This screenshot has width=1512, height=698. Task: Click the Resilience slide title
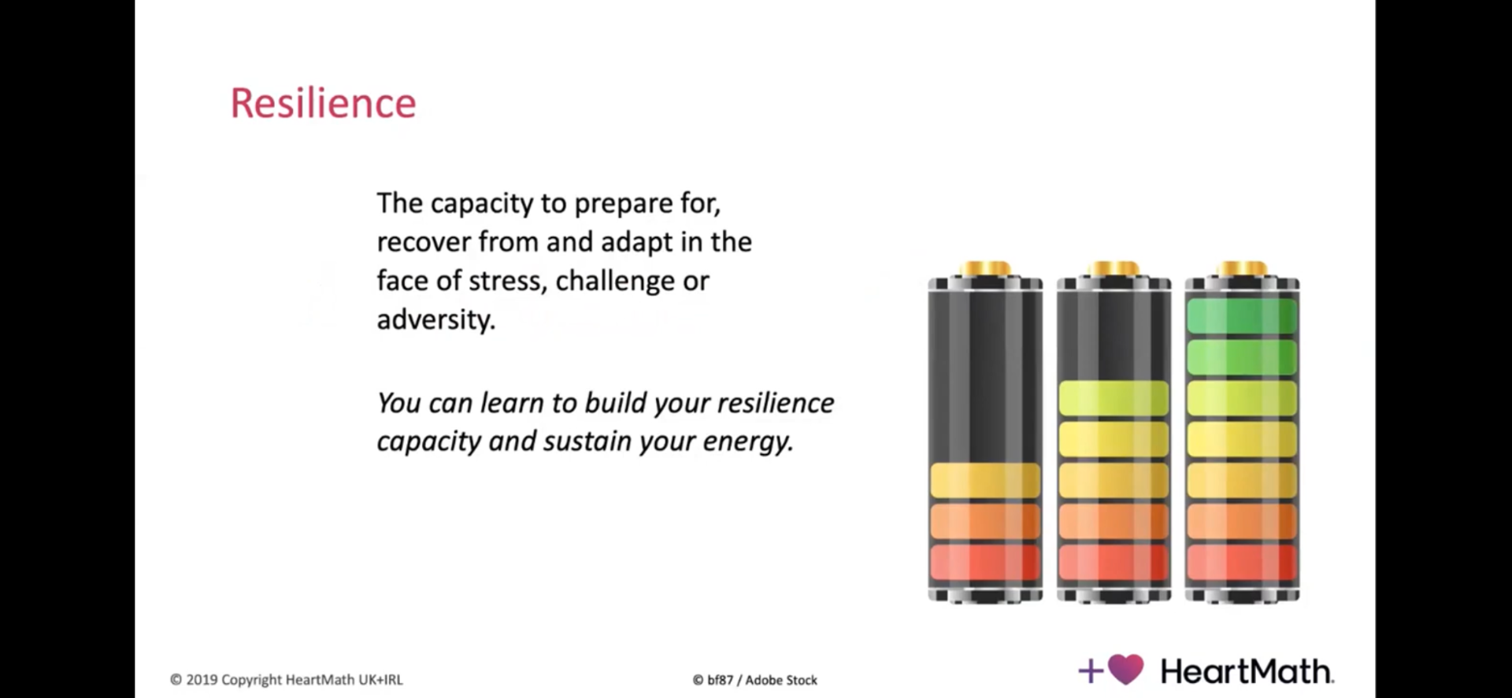pyautogui.click(x=323, y=103)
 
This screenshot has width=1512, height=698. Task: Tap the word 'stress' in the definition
pyautogui.click(x=506, y=281)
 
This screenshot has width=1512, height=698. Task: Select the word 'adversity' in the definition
pyautogui.click(x=436, y=319)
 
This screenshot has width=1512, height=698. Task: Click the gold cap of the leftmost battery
pyautogui.click(x=984, y=269)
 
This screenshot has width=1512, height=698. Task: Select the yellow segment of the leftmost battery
pyautogui.click(x=985, y=480)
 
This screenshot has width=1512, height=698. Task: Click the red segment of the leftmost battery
pyautogui.click(x=985, y=562)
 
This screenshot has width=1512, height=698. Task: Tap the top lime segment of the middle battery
pyautogui.click(x=1114, y=398)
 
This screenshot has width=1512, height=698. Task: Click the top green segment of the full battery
pyautogui.click(x=1242, y=316)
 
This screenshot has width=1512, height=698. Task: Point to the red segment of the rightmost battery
pyautogui.click(x=1242, y=562)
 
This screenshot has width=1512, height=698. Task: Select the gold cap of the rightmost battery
pyautogui.click(x=1241, y=269)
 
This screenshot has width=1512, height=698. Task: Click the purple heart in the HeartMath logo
pyautogui.click(x=1126, y=670)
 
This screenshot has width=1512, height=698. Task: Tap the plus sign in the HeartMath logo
pyautogui.click(x=1091, y=671)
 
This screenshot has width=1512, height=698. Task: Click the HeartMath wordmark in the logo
pyautogui.click(x=1247, y=671)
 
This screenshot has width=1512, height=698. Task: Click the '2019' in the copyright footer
pyautogui.click(x=202, y=680)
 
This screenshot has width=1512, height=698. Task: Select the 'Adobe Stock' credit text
pyautogui.click(x=781, y=680)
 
